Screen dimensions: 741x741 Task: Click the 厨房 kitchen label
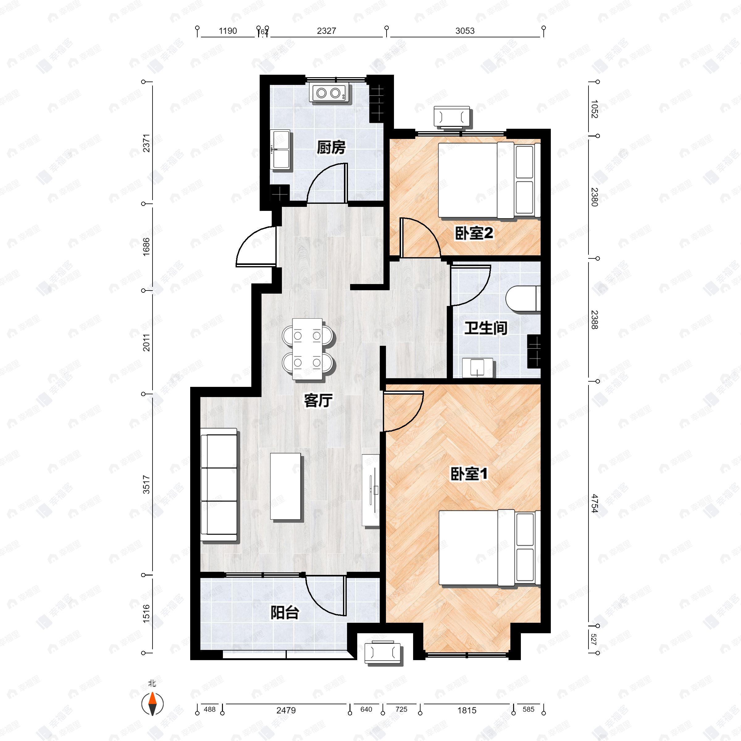point(331,148)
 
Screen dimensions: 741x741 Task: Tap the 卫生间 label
point(486,328)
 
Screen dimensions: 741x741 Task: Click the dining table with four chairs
point(308,349)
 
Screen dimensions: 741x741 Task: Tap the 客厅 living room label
point(318,401)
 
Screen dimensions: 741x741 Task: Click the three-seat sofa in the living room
point(219,485)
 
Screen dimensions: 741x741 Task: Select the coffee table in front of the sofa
point(285,486)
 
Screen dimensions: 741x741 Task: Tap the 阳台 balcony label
point(285,613)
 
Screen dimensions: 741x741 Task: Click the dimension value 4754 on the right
point(594,503)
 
